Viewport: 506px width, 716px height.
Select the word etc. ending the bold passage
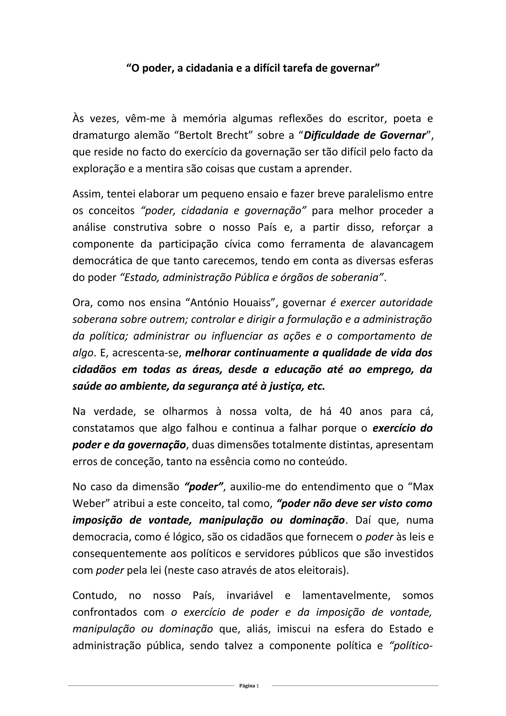pyautogui.click(x=316, y=386)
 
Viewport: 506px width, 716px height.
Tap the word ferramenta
pyautogui.click(x=318, y=244)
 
